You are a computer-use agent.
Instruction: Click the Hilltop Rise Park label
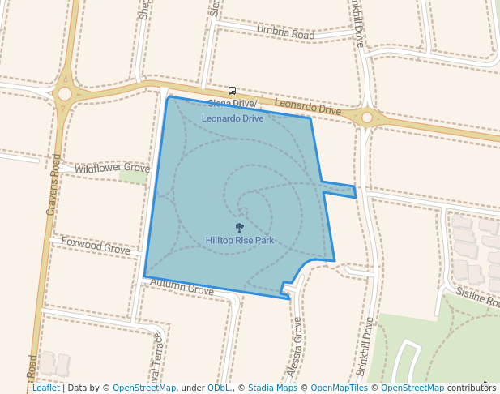pos(240,241)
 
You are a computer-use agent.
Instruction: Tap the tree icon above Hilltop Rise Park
pos(239,228)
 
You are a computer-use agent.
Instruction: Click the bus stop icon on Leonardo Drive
pos(233,91)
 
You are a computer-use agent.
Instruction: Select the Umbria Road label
pos(284,32)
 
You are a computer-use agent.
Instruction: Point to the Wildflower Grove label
pos(112,168)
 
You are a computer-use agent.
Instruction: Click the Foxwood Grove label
pos(96,246)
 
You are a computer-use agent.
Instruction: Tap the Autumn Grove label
pos(182,287)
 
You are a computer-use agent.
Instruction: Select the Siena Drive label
pos(231,104)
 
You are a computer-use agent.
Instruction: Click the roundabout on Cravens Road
pos(65,94)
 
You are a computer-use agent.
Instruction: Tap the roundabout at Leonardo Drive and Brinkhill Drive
pos(366,118)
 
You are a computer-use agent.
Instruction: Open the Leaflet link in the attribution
pos(45,388)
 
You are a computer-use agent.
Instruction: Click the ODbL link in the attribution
pos(218,388)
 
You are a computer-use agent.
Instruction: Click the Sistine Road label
pos(476,297)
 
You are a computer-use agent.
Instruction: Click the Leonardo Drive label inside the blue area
pos(233,118)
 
